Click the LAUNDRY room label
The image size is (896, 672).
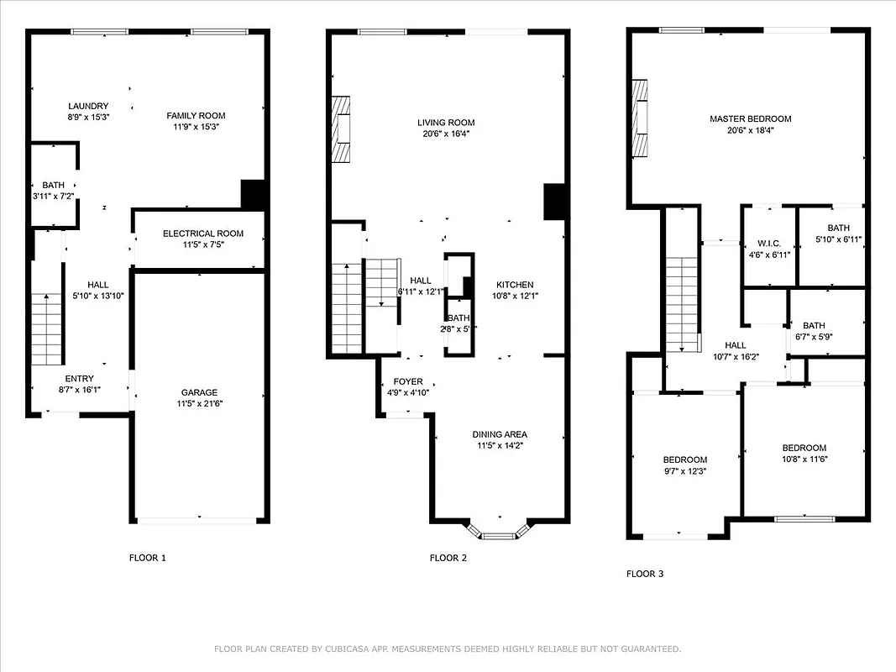88,106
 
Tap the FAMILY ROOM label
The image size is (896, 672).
196,116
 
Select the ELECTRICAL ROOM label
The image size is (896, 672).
202,234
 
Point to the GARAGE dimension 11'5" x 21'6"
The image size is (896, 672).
199,403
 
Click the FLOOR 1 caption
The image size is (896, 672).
148,558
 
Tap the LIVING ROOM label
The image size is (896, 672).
446,123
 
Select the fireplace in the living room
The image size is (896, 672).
340,129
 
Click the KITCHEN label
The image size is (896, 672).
514,285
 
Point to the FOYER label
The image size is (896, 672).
408,381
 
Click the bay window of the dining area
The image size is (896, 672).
500,533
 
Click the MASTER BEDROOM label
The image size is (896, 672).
750,119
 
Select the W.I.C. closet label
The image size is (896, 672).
768,244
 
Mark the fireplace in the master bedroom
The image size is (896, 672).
641,118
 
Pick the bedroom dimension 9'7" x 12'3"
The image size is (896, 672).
684,470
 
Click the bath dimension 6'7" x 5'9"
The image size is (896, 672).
814,337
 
